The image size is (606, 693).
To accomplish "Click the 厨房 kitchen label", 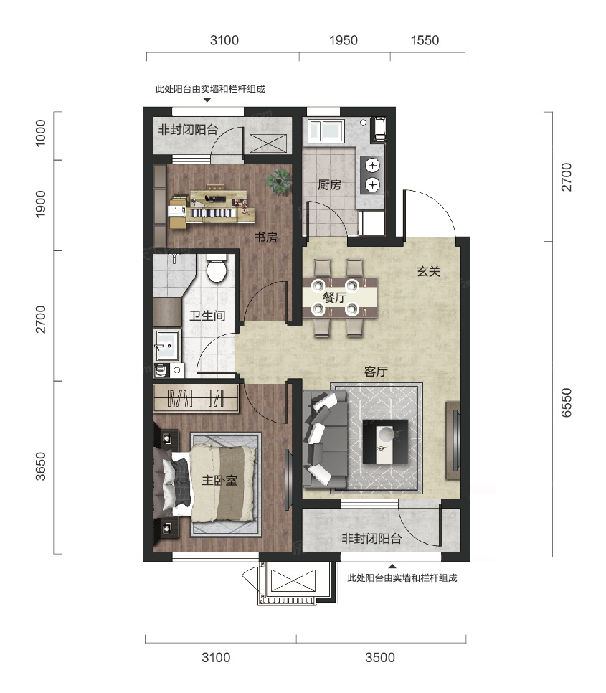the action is tap(329, 184).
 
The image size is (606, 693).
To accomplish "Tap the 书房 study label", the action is tap(266, 237).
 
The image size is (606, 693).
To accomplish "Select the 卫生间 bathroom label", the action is tap(207, 316).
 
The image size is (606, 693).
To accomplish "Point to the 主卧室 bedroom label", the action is tap(219, 480).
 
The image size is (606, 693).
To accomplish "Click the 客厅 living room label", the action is tap(377, 372).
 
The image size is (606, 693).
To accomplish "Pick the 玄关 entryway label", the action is tap(429, 271).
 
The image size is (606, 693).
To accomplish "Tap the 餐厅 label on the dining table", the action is tap(335, 298).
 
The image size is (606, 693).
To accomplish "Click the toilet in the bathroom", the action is tap(217, 268).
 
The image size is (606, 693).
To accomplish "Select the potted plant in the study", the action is tap(279, 181).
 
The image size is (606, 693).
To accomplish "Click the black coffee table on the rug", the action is tap(385, 441).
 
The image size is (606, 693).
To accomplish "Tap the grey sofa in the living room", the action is tap(326, 439).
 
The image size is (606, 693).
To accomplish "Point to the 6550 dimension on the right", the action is tap(567, 402).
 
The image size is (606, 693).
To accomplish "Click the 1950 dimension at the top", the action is tap(344, 40).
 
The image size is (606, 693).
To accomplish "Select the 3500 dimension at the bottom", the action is tap(380, 657).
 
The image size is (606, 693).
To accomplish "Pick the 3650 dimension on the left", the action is tap(40, 466).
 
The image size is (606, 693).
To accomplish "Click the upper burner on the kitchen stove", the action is tap(373, 166).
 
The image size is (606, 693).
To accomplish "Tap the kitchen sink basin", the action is tap(326, 131).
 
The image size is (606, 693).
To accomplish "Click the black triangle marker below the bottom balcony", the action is tap(392, 566).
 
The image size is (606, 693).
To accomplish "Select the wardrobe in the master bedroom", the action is tap(196, 398).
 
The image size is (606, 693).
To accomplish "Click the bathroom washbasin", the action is tap(167, 345).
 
